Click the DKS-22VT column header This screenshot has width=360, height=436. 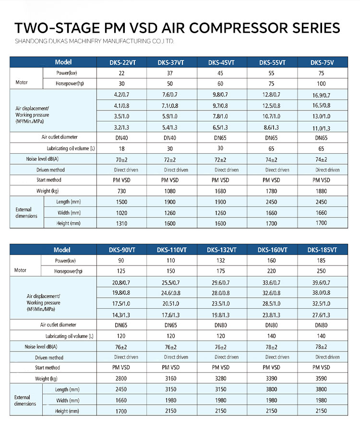point(121,62)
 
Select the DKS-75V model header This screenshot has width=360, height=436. point(321,62)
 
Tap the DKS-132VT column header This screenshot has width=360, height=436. point(221,250)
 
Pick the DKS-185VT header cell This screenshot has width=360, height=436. point(322,250)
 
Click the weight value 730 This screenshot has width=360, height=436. point(121,191)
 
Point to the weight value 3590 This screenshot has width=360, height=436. point(321,378)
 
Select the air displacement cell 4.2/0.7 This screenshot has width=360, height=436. point(121,95)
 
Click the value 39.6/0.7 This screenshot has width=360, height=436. point(321,282)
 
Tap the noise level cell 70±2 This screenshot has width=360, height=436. point(121,159)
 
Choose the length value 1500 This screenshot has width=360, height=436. point(121,202)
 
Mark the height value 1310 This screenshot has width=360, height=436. point(121,223)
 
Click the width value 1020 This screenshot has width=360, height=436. point(121,212)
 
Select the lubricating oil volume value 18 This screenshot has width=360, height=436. point(121,148)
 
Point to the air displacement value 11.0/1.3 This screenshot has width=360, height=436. point(321,128)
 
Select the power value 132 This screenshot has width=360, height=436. point(221,260)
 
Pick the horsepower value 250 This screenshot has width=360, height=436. point(321,271)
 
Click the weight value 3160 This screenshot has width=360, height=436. point(171,378)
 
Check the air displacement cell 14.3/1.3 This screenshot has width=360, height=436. point(121,315)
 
